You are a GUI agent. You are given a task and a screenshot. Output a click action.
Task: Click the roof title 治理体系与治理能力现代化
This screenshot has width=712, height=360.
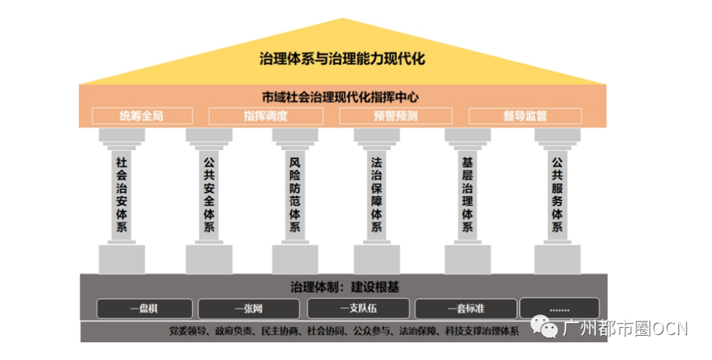pos(342,59)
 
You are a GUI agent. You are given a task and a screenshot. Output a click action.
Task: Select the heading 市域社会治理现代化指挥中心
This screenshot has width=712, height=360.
pos(340,97)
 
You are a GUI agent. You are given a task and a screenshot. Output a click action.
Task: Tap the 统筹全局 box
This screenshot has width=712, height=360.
pos(142,116)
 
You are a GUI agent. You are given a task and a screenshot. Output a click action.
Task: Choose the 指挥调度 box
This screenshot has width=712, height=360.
pos(266,116)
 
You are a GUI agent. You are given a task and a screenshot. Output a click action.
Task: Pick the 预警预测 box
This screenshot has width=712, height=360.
pos(396,116)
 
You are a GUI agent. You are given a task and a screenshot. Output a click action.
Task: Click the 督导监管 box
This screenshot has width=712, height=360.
pos(525,116)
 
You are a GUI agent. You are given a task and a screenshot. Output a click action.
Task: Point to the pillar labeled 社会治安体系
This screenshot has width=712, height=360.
pos(122,200)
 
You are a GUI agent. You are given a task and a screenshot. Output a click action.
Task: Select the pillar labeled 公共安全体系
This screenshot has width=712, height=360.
pos(209,200)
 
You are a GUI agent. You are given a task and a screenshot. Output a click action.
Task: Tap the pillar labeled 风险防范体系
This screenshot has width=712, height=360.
pos(295,200)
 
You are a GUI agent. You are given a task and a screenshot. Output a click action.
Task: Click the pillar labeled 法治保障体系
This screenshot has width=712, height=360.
pos(377,200)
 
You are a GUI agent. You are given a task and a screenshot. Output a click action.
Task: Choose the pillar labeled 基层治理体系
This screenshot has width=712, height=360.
pos(467,200)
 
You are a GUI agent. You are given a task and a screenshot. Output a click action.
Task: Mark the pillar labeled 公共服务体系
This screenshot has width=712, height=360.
pos(557,200)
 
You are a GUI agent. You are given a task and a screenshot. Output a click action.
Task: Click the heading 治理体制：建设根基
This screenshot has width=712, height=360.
pos(345,287)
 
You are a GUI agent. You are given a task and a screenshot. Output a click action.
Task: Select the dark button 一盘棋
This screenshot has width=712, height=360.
pos(144,309)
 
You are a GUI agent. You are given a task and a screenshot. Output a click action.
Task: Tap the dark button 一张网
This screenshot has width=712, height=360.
pos(249,309)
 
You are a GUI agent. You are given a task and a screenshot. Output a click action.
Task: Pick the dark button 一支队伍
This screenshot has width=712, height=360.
pos(358,309)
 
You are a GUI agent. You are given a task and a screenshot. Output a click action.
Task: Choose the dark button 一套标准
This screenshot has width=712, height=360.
pos(466,309)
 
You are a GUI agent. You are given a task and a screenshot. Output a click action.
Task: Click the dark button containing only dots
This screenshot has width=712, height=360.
pos(560,309)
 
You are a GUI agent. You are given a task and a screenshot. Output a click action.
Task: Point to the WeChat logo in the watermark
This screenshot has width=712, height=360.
pos(545,327)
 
